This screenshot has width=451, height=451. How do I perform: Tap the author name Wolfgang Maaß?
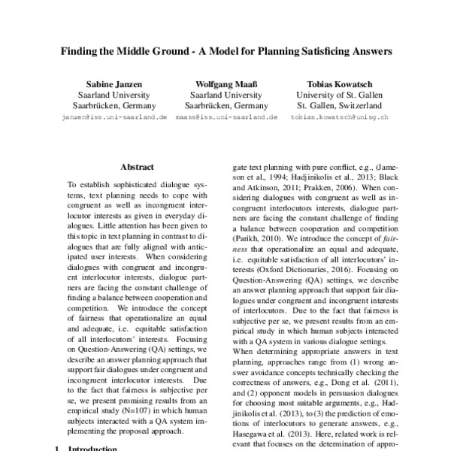225,83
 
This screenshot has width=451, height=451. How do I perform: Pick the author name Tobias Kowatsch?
339,83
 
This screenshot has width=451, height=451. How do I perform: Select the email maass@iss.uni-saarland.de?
225,119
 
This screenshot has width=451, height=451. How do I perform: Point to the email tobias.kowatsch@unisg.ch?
339,119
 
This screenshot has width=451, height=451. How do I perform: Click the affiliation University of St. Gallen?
339,95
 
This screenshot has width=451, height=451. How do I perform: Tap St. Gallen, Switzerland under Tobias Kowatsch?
339,107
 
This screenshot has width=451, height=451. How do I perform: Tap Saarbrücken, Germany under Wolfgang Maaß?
225,107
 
